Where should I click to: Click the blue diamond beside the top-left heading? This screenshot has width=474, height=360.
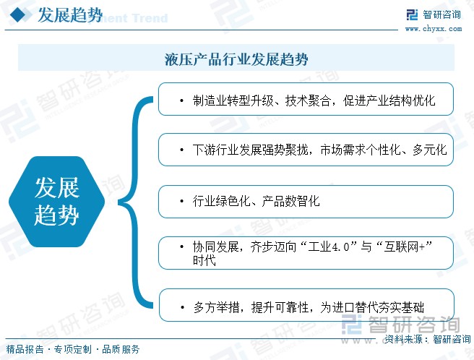click(19, 14)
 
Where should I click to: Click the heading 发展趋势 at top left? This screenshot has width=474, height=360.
click(70, 15)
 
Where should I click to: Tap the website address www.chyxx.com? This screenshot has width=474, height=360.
click(434, 29)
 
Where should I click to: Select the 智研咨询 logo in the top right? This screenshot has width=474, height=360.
click(434, 14)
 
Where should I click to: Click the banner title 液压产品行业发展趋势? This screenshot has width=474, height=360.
click(236, 59)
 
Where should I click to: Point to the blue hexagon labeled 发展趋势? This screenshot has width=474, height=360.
click(57, 202)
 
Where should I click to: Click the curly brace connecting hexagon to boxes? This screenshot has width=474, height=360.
click(135, 202)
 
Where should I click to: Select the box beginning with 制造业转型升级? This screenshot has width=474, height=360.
click(306, 99)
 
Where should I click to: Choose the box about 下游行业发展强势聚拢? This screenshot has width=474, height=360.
click(306, 150)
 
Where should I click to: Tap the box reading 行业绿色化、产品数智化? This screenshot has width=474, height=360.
click(306, 202)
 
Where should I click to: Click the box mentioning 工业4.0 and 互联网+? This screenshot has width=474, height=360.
click(306, 253)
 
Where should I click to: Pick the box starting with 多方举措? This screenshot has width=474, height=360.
click(306, 305)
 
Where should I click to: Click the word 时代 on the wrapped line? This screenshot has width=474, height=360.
click(204, 260)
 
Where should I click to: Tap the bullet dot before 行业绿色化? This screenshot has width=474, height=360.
click(181, 202)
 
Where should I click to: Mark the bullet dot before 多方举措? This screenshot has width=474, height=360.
click(182, 308)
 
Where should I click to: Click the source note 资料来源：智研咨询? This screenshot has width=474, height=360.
click(428, 339)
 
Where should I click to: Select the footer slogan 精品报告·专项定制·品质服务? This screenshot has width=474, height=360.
click(73, 349)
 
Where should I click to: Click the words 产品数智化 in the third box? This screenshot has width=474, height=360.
click(290, 201)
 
